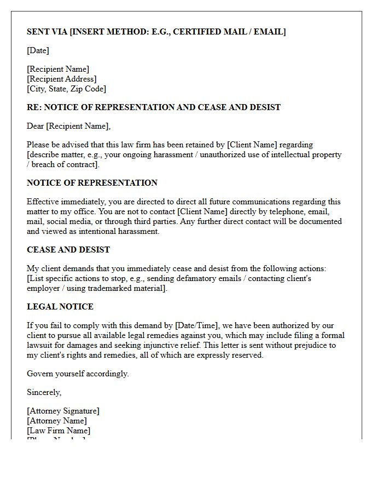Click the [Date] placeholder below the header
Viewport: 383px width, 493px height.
click(x=38, y=50)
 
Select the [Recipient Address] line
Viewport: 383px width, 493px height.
click(x=62, y=79)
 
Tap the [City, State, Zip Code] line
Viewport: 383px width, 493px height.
click(x=66, y=89)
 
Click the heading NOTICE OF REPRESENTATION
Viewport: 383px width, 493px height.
click(x=92, y=183)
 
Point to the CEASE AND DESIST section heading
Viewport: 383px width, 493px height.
click(x=68, y=250)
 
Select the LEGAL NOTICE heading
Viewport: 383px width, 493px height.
click(x=60, y=307)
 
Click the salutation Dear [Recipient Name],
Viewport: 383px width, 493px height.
click(x=68, y=126)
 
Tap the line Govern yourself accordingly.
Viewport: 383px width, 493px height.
click(x=78, y=374)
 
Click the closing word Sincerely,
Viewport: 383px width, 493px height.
click(x=44, y=392)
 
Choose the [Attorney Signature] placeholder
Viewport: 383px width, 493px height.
click(x=63, y=411)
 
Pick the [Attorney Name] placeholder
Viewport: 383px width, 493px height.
click(x=57, y=421)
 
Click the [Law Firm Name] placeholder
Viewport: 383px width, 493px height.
click(x=59, y=431)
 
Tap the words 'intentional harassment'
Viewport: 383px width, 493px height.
click(x=118, y=231)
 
